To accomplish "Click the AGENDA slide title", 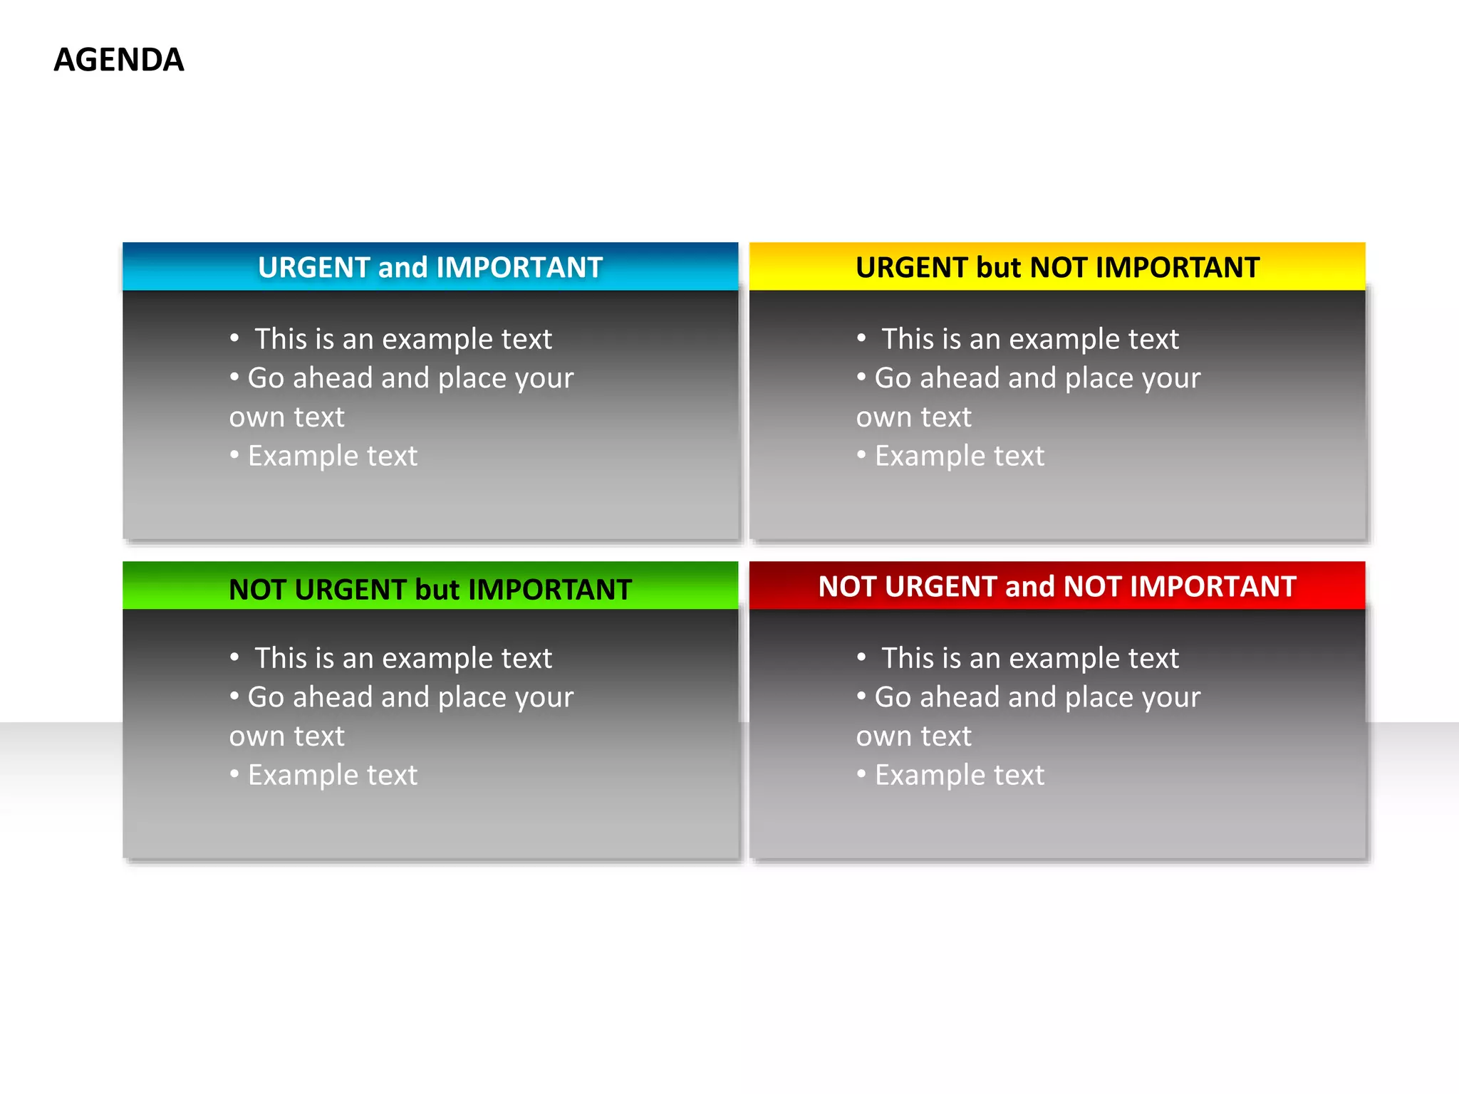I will click(x=119, y=60).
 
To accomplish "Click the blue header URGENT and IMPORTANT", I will click(x=430, y=268).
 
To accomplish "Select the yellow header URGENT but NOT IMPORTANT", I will click(x=1057, y=268).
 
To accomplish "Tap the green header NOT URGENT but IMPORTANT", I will click(x=430, y=590).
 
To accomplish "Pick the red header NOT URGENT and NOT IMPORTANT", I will click(x=1057, y=587).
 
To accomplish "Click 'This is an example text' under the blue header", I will click(x=403, y=339).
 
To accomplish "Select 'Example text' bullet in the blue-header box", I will click(x=332, y=456).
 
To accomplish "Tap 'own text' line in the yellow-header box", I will click(x=913, y=417).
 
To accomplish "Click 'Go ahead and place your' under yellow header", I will click(x=1037, y=378).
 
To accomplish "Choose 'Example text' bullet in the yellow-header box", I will click(x=959, y=456).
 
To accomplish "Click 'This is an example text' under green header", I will click(x=403, y=658).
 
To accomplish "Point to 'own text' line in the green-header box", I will click(x=286, y=736).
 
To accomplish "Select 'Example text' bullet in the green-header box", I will click(x=332, y=775).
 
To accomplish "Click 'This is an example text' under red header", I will click(x=1030, y=658).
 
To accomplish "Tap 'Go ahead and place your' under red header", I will click(x=1037, y=697).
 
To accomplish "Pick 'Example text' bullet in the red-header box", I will click(x=959, y=775).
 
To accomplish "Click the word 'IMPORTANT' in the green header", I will click(x=550, y=590).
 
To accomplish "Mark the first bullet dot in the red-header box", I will click(x=861, y=657).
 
